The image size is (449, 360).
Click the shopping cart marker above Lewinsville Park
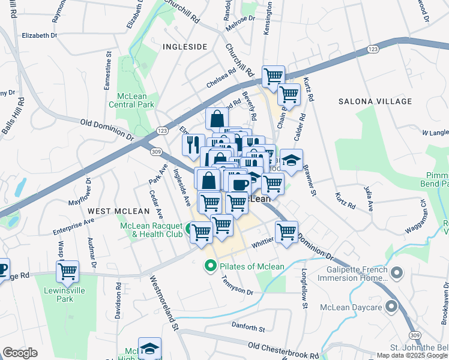[x=68, y=271]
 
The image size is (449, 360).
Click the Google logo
[x=20, y=352]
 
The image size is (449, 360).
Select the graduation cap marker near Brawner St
[x=291, y=161]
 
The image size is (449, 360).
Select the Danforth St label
[x=248, y=327]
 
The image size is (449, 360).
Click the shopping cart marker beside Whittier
[x=286, y=232]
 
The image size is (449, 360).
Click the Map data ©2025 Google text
[x=412, y=355]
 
